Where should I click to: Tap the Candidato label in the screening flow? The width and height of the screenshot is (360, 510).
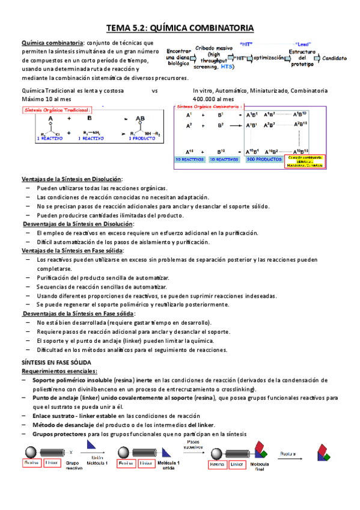click(334, 58)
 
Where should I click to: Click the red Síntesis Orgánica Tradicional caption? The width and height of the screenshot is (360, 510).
click(57, 110)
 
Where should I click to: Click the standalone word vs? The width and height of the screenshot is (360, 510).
click(154, 90)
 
